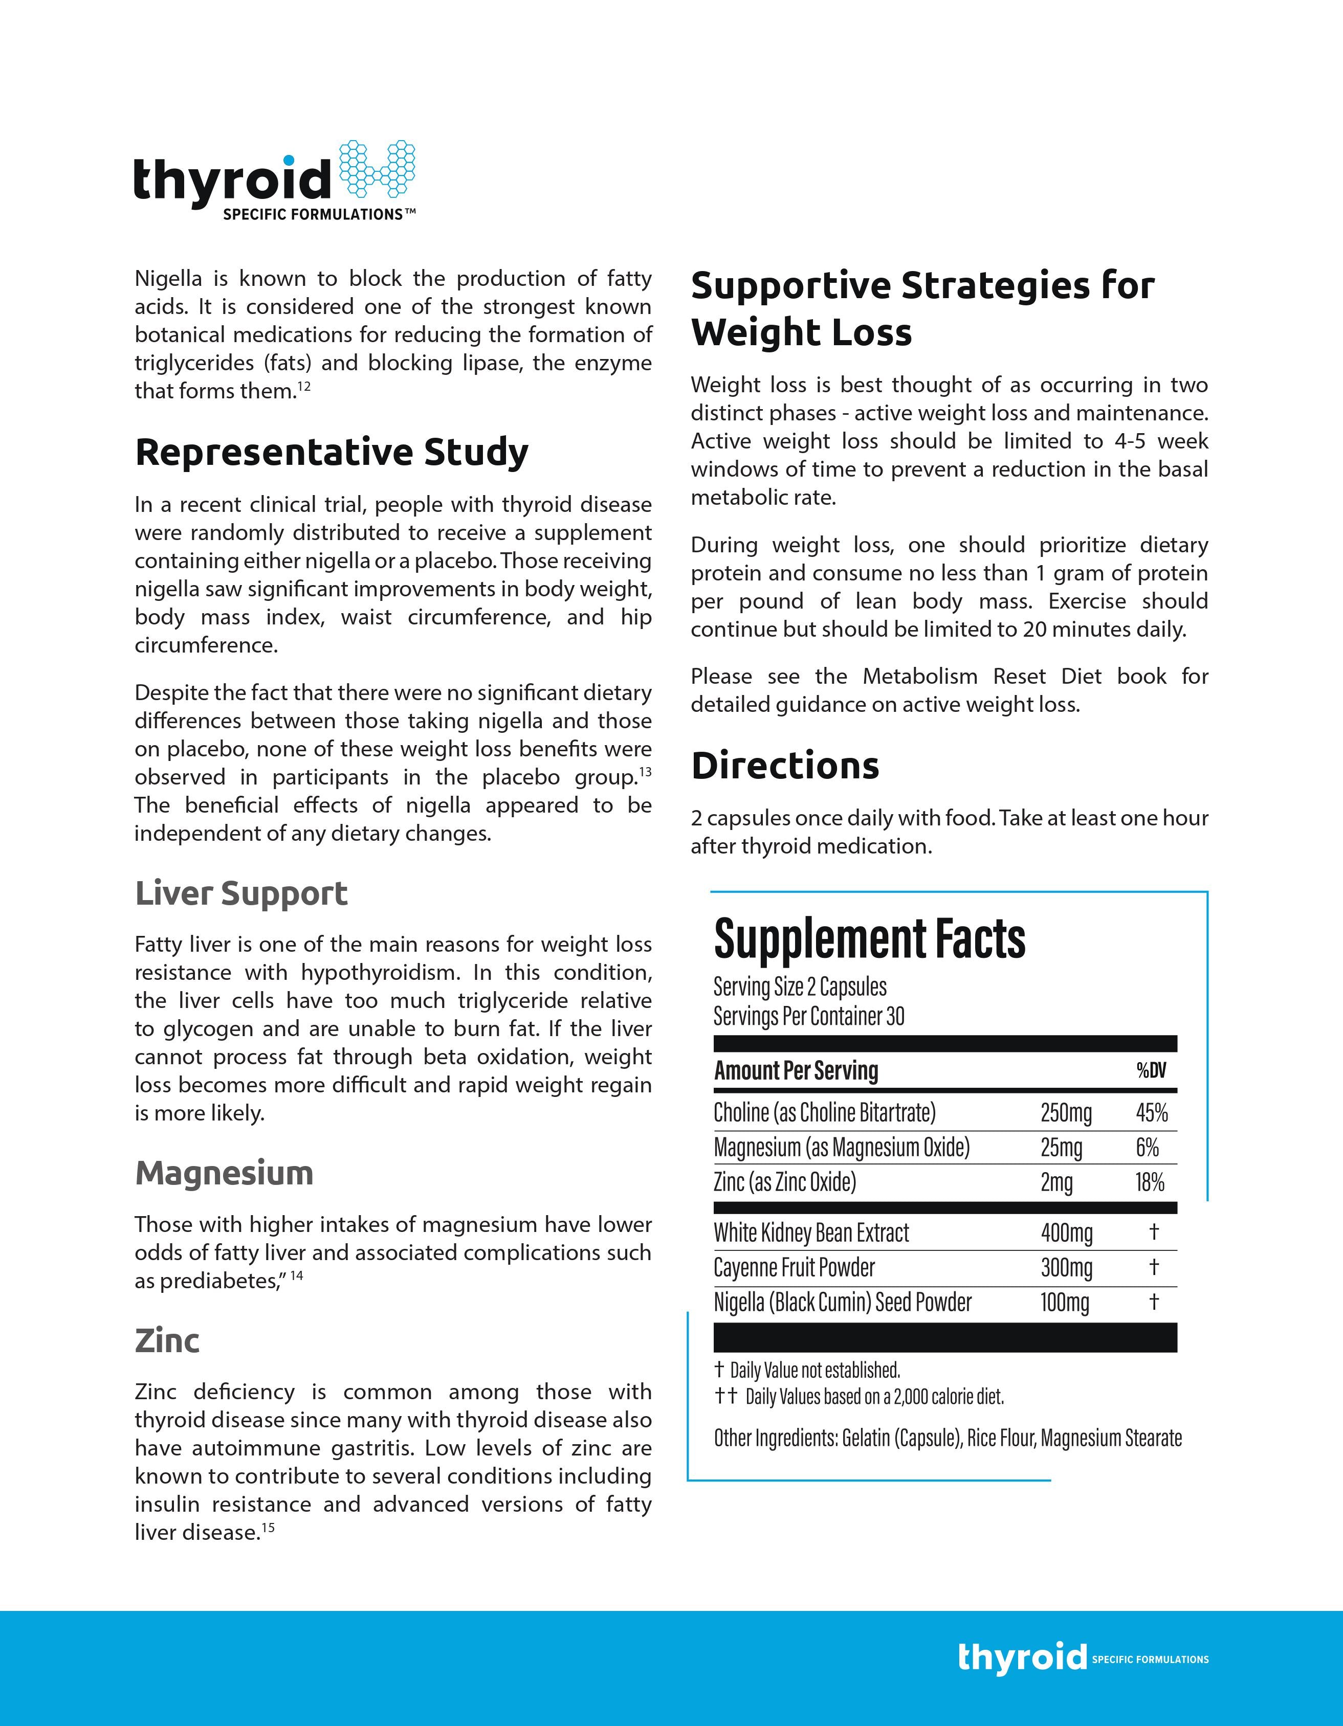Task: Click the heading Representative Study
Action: pos(331,452)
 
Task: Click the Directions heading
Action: pos(785,765)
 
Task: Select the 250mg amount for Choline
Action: pos(1066,1113)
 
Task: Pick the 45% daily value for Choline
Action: pos(1151,1113)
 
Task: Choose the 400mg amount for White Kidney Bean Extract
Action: pos(1066,1233)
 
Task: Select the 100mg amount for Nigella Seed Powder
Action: pos(1064,1303)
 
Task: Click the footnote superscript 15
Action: pos(268,1528)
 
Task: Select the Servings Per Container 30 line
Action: pos(809,1016)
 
